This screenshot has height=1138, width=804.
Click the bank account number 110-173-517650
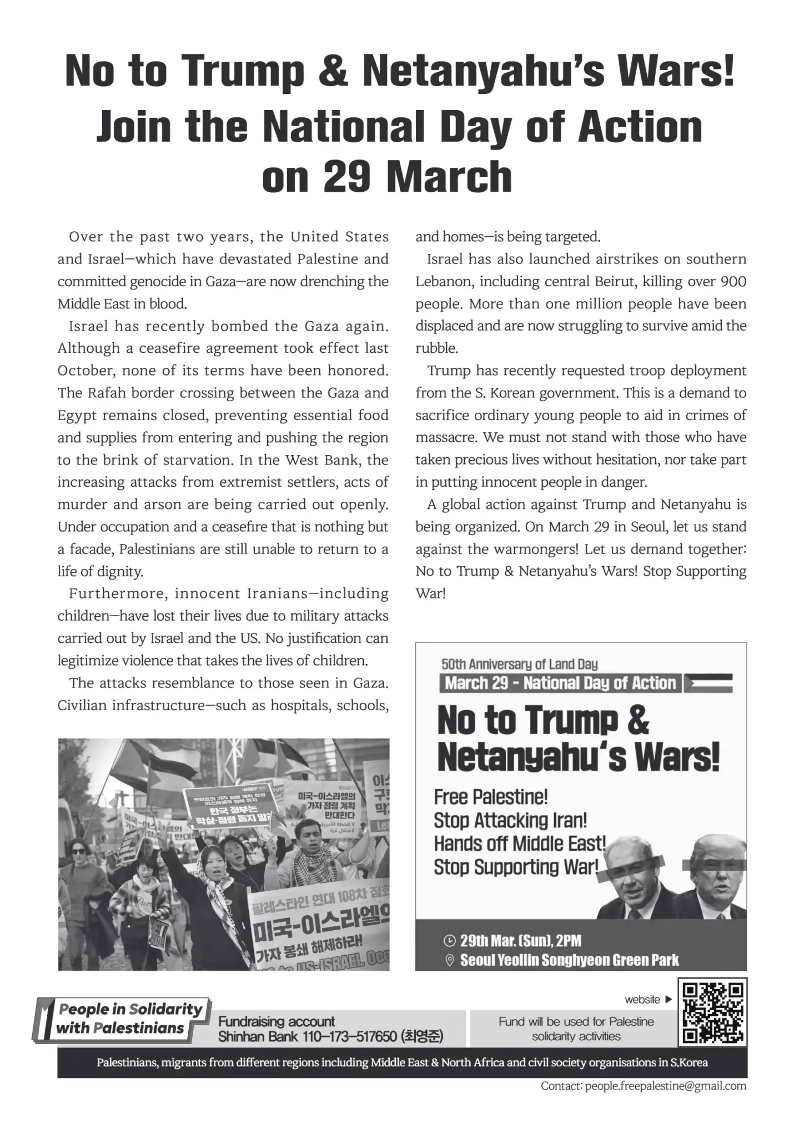point(350,1036)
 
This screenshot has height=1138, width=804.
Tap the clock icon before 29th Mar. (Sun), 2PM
point(450,941)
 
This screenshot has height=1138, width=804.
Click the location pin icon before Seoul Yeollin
point(450,960)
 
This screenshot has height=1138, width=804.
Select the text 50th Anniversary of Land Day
point(519,664)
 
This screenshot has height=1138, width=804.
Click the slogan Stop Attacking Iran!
point(510,820)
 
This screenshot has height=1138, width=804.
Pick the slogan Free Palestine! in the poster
point(491,797)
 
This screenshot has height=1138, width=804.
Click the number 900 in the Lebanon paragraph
point(733,282)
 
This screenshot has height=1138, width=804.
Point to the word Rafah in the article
point(107,393)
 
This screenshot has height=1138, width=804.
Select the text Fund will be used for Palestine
point(576,1021)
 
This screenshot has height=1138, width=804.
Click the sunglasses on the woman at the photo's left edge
point(78,851)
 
